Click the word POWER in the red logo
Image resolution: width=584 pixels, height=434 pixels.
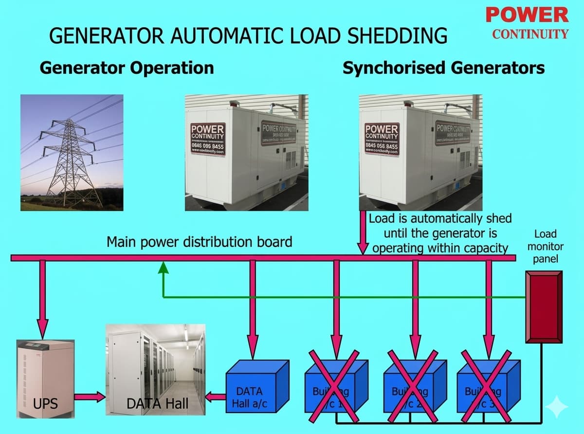click(x=527, y=15)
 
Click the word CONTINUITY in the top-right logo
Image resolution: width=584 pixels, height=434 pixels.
click(x=530, y=34)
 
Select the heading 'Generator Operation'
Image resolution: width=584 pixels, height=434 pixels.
click(x=127, y=68)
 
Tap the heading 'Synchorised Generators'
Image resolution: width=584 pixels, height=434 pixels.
click(x=443, y=68)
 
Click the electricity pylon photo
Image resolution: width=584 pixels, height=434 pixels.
click(x=72, y=153)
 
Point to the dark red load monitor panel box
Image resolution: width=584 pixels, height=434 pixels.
click(x=544, y=307)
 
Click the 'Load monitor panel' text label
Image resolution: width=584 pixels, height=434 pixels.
click(x=545, y=246)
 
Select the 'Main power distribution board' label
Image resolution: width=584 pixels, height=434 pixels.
click(x=199, y=242)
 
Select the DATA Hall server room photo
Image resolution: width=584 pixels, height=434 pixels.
click(x=155, y=370)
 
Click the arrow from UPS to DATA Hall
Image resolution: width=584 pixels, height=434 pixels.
click(x=90, y=398)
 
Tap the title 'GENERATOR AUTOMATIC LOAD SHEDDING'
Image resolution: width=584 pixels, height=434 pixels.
click(x=248, y=36)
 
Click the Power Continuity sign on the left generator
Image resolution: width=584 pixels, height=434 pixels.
click(x=207, y=139)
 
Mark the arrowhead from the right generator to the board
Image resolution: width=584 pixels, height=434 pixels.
click(x=363, y=248)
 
